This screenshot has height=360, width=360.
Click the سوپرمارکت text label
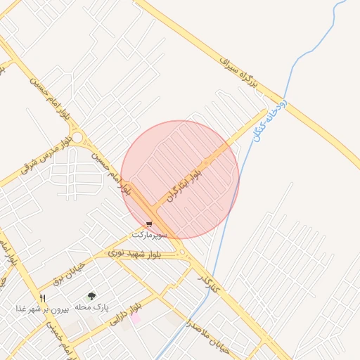[149, 232]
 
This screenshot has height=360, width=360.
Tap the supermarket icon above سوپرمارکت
[148, 223]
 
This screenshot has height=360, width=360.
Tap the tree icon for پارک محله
[91, 297]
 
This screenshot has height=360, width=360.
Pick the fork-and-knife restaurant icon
[44, 298]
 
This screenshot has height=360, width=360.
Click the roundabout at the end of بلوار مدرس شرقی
[78, 138]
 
